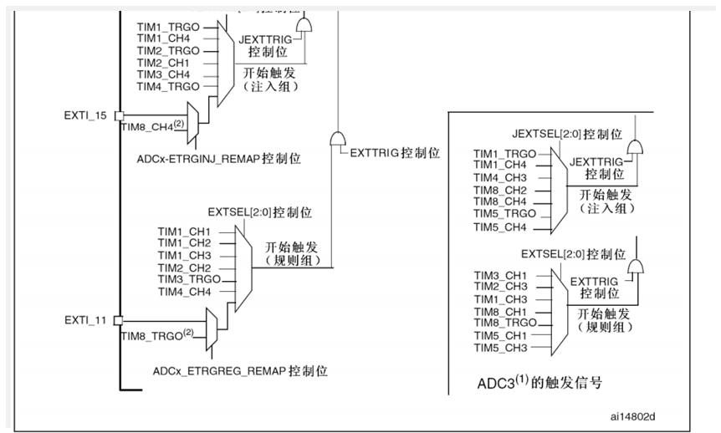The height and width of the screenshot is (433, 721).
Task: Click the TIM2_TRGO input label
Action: tap(168, 51)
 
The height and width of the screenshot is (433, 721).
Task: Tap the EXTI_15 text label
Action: tap(84, 115)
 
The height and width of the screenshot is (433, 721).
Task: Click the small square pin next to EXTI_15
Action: tap(119, 115)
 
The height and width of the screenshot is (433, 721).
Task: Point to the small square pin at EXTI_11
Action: tap(119, 320)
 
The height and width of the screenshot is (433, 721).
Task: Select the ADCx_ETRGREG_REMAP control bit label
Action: tap(241, 369)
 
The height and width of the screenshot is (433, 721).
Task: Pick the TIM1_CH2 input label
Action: tap(184, 242)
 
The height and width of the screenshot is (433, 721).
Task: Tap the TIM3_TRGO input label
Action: tap(189, 279)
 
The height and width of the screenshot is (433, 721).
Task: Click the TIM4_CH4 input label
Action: tap(184, 291)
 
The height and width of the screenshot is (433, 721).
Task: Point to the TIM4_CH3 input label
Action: tap(500, 178)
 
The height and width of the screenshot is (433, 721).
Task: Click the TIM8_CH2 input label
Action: tap(500, 190)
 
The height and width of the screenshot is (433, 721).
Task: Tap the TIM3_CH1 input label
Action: tap(500, 275)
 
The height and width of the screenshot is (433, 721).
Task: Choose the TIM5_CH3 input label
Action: tap(500, 348)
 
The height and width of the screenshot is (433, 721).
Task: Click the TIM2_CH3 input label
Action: tap(500, 287)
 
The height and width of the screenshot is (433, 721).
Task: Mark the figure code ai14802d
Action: tap(634, 414)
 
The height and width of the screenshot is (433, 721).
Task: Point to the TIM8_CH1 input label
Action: tap(500, 312)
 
